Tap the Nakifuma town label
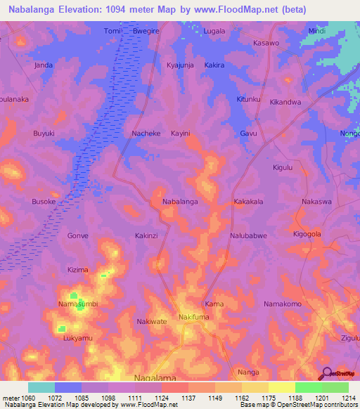(195, 317)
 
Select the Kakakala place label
(248, 201)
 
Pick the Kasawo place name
(266, 43)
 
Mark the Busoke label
(44, 201)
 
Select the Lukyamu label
(77, 338)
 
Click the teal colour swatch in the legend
(41, 387)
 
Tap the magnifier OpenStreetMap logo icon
(326, 373)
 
